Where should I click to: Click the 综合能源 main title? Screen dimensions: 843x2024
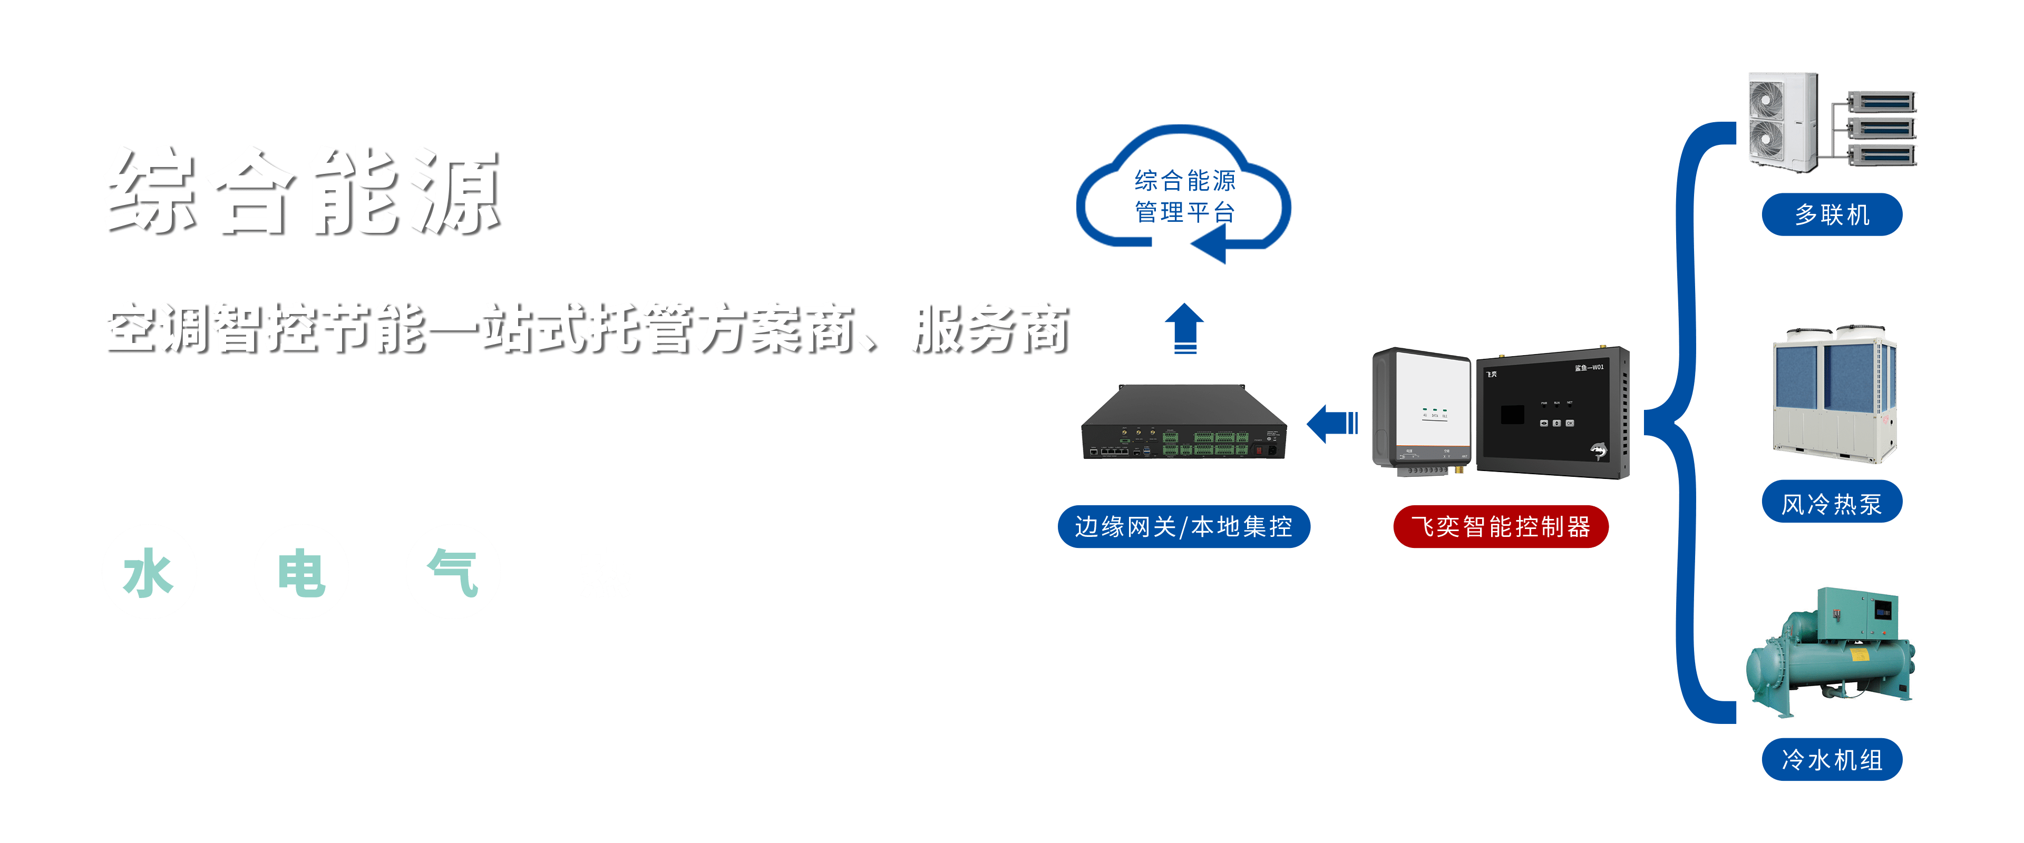pos(301,191)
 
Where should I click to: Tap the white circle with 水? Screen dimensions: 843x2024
pos(149,572)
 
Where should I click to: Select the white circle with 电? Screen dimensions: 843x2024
pos(301,572)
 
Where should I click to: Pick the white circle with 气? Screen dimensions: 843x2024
pos(453,572)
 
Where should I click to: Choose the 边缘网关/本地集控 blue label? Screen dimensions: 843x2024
pos(1183,526)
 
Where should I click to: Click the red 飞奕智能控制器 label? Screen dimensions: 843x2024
pos(1501,526)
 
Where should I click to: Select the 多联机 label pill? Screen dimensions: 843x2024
pos(1832,214)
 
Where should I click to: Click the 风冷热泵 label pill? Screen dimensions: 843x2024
pos(1832,503)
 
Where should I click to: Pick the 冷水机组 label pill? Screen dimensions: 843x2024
pos(1832,760)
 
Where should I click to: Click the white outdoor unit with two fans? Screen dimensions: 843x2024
pos(1782,122)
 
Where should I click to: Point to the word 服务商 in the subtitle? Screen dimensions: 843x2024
pos(988,328)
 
